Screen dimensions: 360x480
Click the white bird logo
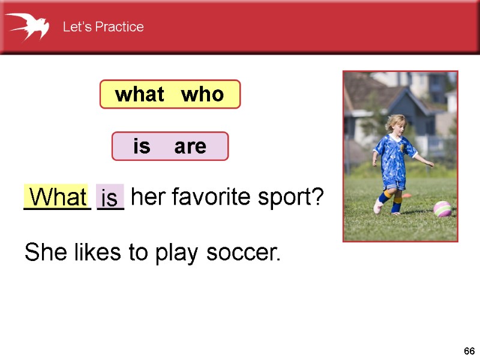coord(28,26)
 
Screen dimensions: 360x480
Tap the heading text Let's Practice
coord(103,27)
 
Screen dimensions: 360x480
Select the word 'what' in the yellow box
coord(139,94)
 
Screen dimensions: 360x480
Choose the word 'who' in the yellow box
coord(202,94)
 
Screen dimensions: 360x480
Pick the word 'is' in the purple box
coord(142,146)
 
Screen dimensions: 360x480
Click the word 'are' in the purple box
coord(190,146)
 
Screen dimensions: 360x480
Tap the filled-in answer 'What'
coord(58,197)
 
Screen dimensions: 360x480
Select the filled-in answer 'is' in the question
coord(110,197)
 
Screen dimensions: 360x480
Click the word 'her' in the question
coord(144,196)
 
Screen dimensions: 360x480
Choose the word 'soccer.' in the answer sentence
coord(244,253)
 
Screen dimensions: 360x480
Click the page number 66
coord(469,351)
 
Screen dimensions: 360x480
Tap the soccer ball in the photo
coord(443,209)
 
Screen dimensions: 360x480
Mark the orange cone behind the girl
coord(406,194)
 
